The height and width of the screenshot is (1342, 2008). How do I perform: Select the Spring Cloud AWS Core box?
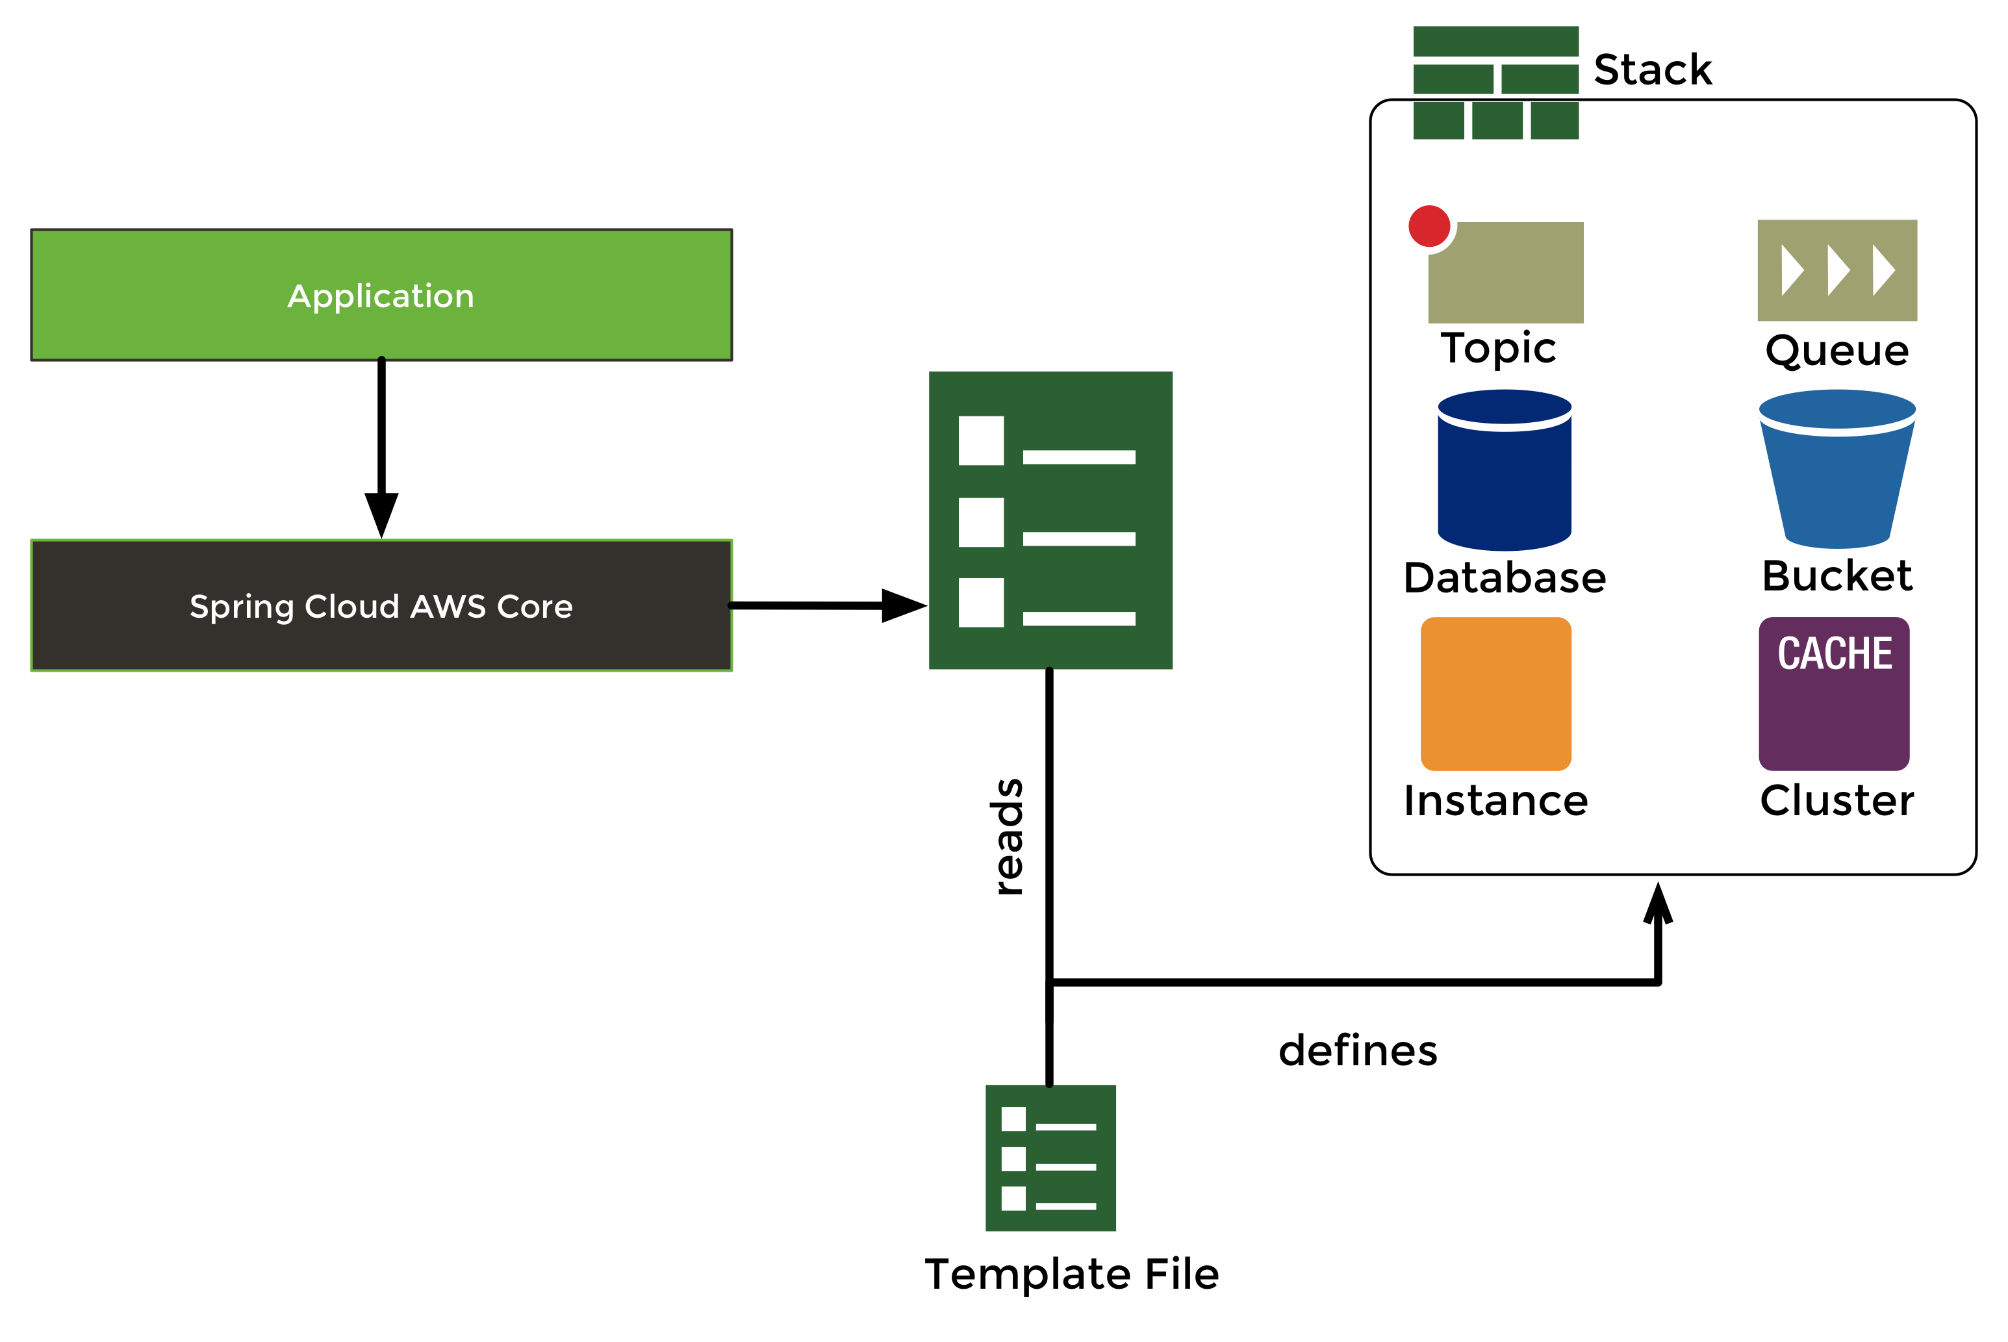(381, 606)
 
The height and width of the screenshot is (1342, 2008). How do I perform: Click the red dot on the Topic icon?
(1429, 227)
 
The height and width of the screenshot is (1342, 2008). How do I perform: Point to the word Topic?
(1498, 348)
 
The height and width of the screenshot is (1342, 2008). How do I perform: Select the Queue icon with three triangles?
(1836, 270)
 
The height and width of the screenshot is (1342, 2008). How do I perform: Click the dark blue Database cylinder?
(1504, 471)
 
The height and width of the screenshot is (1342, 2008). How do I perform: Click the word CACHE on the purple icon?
(1835, 654)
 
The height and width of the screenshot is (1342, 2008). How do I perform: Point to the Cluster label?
(1836, 801)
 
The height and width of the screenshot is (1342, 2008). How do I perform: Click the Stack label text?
(1652, 70)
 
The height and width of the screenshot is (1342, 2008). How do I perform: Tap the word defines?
(1358, 1051)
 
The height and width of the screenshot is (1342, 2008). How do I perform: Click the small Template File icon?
(1050, 1158)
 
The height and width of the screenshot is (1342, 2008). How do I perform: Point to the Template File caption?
(1072, 1274)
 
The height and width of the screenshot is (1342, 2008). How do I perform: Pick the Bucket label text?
(1836, 575)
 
